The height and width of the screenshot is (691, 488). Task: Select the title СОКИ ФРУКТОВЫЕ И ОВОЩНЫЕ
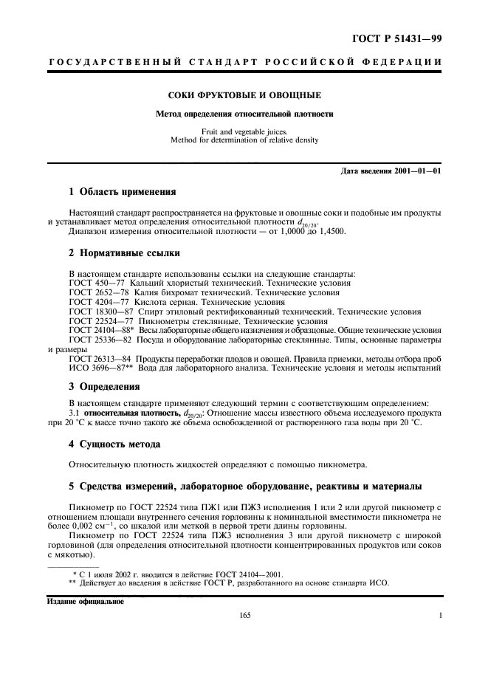click(244, 96)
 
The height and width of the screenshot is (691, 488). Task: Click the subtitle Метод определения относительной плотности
click(244, 114)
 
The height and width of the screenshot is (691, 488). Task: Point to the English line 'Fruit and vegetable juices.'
click(244, 131)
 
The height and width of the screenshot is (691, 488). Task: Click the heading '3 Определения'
click(103, 386)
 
